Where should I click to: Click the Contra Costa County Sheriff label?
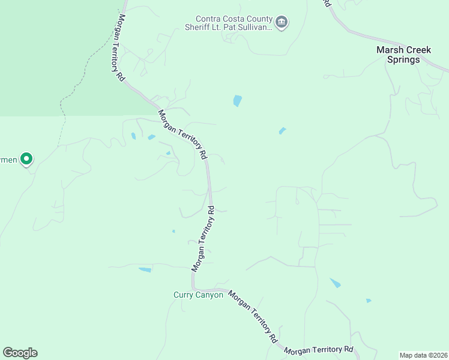point(234,23)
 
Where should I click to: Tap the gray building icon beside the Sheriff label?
point(282,23)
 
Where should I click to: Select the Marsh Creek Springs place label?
point(403,55)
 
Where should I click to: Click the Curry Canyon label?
point(198,295)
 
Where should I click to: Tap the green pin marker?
point(26,159)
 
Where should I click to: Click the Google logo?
point(20,352)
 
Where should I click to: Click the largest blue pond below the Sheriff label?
point(237,101)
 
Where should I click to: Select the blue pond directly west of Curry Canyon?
point(145,270)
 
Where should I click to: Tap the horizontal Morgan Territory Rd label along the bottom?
point(318,350)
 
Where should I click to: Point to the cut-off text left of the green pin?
point(8,160)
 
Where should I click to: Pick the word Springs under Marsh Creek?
point(403,59)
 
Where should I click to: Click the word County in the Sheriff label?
point(256,19)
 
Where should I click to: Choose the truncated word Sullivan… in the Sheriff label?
point(256,28)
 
